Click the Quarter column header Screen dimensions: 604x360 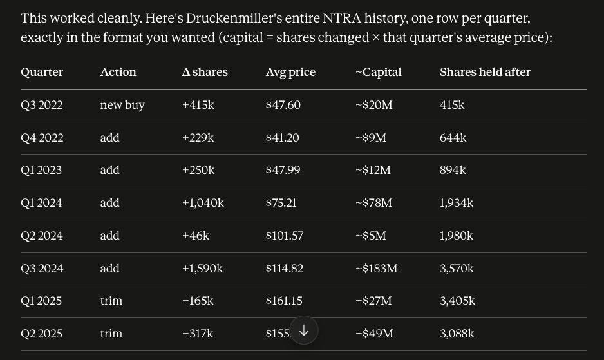[x=42, y=72]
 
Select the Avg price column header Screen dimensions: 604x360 [x=290, y=72]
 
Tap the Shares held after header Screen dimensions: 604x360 [x=485, y=72]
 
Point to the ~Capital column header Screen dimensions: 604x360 [x=378, y=72]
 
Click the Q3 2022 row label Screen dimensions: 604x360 [x=42, y=105]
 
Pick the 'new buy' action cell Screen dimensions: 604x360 [x=122, y=105]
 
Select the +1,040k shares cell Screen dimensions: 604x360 [x=203, y=203]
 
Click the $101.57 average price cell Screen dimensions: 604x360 [x=284, y=236]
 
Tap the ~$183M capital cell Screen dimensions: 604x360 [x=376, y=269]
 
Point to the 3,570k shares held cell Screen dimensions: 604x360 [x=457, y=269]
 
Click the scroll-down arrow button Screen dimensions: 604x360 [x=304, y=330]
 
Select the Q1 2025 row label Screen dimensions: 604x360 [x=41, y=301]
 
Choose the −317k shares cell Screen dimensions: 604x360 [x=198, y=334]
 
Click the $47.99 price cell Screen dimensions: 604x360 [x=283, y=170]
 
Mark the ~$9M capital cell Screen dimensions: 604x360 [x=370, y=138]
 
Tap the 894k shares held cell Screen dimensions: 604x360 [x=453, y=170]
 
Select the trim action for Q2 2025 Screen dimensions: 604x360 [x=111, y=334]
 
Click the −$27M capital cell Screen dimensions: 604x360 [x=373, y=301]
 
